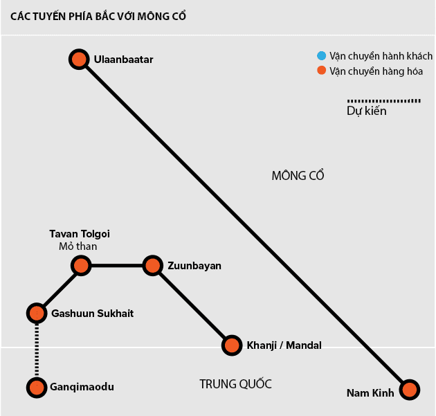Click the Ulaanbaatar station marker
[x=79, y=59]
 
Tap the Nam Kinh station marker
[x=410, y=389]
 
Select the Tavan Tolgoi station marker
[x=81, y=265]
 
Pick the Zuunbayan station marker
[x=152, y=265]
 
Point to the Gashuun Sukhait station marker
[x=37, y=313]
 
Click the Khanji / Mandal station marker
[x=232, y=345]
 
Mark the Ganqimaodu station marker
[x=37, y=388]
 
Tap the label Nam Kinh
[x=370, y=393]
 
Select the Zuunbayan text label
[x=194, y=265]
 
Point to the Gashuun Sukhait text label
[x=92, y=314]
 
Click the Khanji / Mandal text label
[x=284, y=345]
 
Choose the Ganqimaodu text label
[x=82, y=388]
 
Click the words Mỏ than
[x=78, y=246]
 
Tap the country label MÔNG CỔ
[x=298, y=176]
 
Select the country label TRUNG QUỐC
[x=235, y=384]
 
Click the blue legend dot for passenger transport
[x=321, y=56]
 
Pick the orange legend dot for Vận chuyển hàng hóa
[x=321, y=71]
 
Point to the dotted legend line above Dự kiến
[x=383, y=100]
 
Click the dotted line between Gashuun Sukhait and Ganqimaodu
[x=37, y=350]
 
